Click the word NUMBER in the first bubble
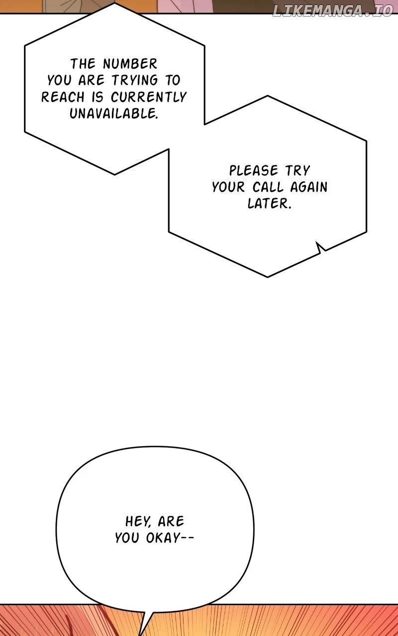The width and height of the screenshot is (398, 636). point(130,64)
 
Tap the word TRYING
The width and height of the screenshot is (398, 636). point(135,80)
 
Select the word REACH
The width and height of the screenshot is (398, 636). point(63,97)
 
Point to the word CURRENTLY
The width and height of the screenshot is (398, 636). point(148,97)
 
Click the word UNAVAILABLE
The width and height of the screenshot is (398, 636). point(113,114)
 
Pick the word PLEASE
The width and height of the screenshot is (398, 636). point(254,170)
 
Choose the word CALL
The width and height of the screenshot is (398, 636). point(268,187)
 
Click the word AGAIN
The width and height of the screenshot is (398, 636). point(309,187)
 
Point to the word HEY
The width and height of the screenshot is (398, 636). point(138,521)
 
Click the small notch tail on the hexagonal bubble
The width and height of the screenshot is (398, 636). point(320,247)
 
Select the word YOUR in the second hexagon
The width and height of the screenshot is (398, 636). point(228,187)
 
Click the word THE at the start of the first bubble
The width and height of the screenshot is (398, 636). point(83,64)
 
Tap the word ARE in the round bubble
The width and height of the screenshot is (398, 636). point(171,521)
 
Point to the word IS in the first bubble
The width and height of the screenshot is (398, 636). point(98,97)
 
